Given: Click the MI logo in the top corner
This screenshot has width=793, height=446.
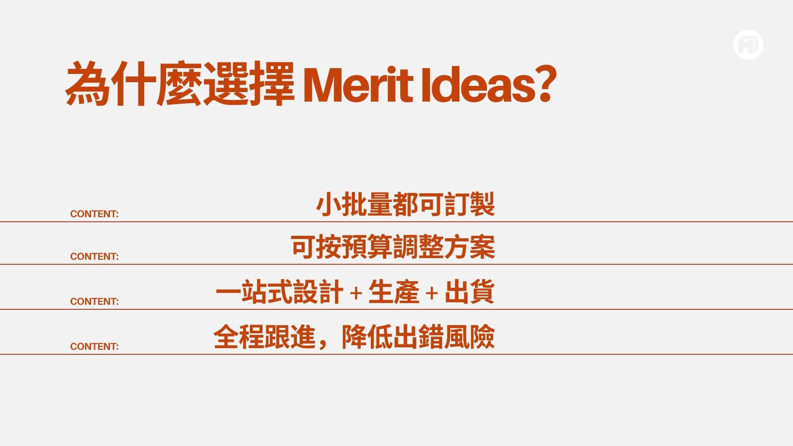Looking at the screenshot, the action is click(748, 45).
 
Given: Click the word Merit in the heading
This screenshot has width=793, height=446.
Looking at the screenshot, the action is click(358, 85).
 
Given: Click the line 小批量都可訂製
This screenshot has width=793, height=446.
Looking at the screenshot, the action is click(405, 204).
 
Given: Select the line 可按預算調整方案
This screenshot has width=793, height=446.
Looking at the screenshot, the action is click(392, 247).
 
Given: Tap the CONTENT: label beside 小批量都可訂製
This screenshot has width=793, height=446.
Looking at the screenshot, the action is click(94, 214).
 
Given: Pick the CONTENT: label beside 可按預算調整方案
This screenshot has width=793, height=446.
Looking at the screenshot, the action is click(94, 256).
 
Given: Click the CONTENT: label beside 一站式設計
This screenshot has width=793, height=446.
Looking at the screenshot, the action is click(94, 301).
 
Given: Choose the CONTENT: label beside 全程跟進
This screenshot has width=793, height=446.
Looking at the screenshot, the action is click(94, 346).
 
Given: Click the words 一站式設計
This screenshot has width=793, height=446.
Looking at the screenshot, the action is click(279, 292).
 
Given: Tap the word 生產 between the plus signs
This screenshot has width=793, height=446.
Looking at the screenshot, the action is click(394, 292).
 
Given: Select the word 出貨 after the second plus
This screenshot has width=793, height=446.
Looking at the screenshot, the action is click(470, 292).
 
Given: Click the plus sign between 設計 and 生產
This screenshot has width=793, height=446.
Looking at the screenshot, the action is click(356, 293).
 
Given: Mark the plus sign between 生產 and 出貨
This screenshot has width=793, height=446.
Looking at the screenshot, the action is click(432, 293).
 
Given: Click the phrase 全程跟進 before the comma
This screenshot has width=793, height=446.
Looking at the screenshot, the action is click(264, 337).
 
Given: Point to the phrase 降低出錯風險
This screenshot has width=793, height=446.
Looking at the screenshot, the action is click(418, 337).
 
